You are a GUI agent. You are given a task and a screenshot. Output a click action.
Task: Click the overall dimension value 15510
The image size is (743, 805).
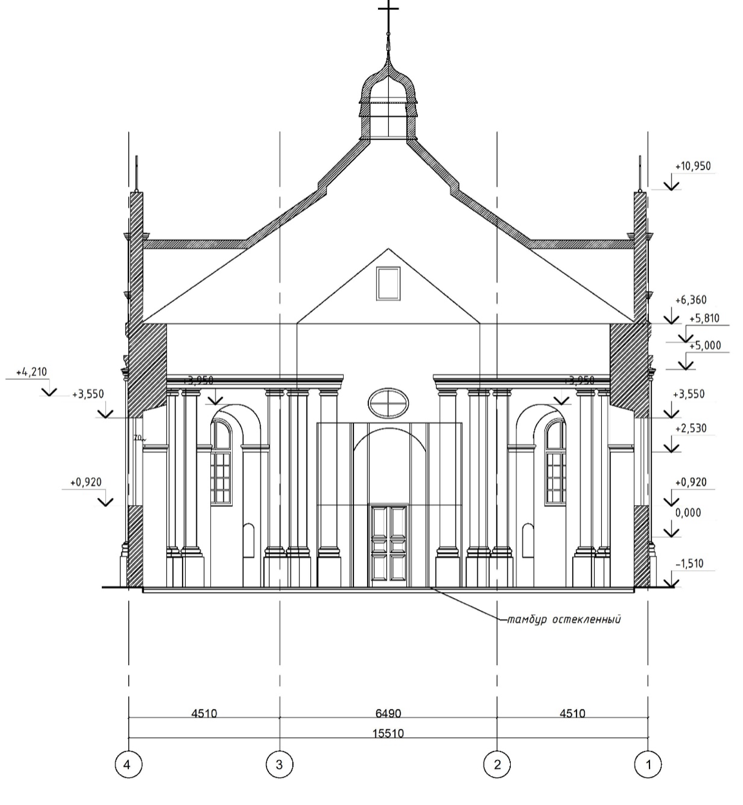(388, 733)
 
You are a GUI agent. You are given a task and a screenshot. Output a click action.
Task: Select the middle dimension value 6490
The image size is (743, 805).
(388, 713)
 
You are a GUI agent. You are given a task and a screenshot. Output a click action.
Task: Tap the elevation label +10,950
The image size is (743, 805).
(693, 166)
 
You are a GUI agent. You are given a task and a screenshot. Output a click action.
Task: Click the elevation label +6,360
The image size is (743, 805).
(691, 300)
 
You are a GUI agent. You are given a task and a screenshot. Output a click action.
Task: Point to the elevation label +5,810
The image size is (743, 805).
(704, 318)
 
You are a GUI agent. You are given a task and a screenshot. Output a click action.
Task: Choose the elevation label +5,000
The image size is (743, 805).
(704, 346)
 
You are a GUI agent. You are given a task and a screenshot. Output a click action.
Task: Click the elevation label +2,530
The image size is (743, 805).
(690, 428)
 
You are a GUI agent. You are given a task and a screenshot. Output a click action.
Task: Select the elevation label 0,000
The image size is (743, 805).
(688, 513)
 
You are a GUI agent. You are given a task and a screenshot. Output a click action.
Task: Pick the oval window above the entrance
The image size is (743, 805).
(388, 403)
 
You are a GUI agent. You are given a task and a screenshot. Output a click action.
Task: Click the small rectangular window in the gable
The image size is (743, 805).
(388, 283)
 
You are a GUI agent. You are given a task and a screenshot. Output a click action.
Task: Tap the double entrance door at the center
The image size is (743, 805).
(388, 545)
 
